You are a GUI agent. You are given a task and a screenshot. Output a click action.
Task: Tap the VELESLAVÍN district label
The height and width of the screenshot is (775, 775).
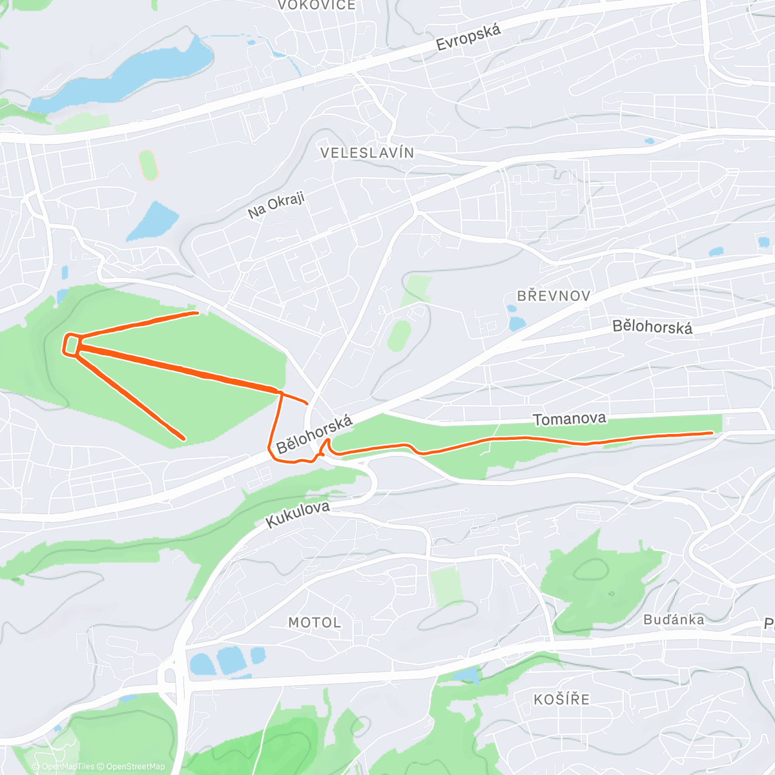coord(367,153)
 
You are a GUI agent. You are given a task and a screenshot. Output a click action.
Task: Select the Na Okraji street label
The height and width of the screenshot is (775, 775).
coord(276,205)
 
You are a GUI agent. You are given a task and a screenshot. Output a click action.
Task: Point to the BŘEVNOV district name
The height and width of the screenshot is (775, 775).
coord(554,296)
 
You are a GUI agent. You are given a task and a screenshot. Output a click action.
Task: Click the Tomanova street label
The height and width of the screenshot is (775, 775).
coord(570,419)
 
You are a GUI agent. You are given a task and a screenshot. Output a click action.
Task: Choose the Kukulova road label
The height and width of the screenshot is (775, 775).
coord(298,515)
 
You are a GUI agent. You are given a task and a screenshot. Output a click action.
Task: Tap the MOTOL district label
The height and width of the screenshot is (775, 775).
coord(315,623)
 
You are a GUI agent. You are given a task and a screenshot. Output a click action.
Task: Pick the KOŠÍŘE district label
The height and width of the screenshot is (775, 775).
coord(562,699)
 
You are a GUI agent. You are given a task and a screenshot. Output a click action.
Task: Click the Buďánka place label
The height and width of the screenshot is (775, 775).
coord(674,620)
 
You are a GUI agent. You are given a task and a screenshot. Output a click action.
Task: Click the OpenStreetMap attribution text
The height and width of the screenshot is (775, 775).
coord(135,767)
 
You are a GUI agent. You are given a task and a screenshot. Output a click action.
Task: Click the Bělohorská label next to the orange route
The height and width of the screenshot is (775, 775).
coord(315,435)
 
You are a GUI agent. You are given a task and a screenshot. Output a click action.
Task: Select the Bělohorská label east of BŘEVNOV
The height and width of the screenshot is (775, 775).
coord(652,326)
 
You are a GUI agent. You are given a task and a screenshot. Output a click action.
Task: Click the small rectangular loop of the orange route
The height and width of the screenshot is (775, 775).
coord(70,344)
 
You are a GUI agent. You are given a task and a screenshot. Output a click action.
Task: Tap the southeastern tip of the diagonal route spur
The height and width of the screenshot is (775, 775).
coord(184,439)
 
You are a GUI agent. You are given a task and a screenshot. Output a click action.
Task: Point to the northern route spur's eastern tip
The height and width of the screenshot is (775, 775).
coord(197,313)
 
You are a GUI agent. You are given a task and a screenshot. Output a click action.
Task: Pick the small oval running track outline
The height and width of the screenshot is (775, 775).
coord(149,165)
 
